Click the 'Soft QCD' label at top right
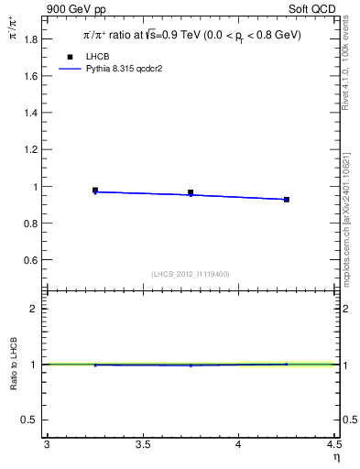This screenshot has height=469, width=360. pyautogui.click(x=314, y=10)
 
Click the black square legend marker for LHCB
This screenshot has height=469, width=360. pyautogui.click(x=70, y=57)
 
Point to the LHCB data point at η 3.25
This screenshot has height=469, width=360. pyautogui.click(x=95, y=191)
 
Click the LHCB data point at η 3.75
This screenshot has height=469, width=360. pyautogui.click(x=191, y=193)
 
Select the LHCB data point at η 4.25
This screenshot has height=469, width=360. pyautogui.click(x=287, y=199)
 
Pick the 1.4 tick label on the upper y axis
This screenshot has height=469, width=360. pyautogui.click(x=31, y=113)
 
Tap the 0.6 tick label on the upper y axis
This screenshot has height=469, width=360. pyautogui.click(x=31, y=260)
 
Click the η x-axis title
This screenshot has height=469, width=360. pyautogui.click(x=335, y=456)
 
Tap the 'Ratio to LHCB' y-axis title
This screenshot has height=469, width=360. pyautogui.click(x=14, y=364)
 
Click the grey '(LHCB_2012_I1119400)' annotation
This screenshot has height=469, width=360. pyautogui.click(x=191, y=274)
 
